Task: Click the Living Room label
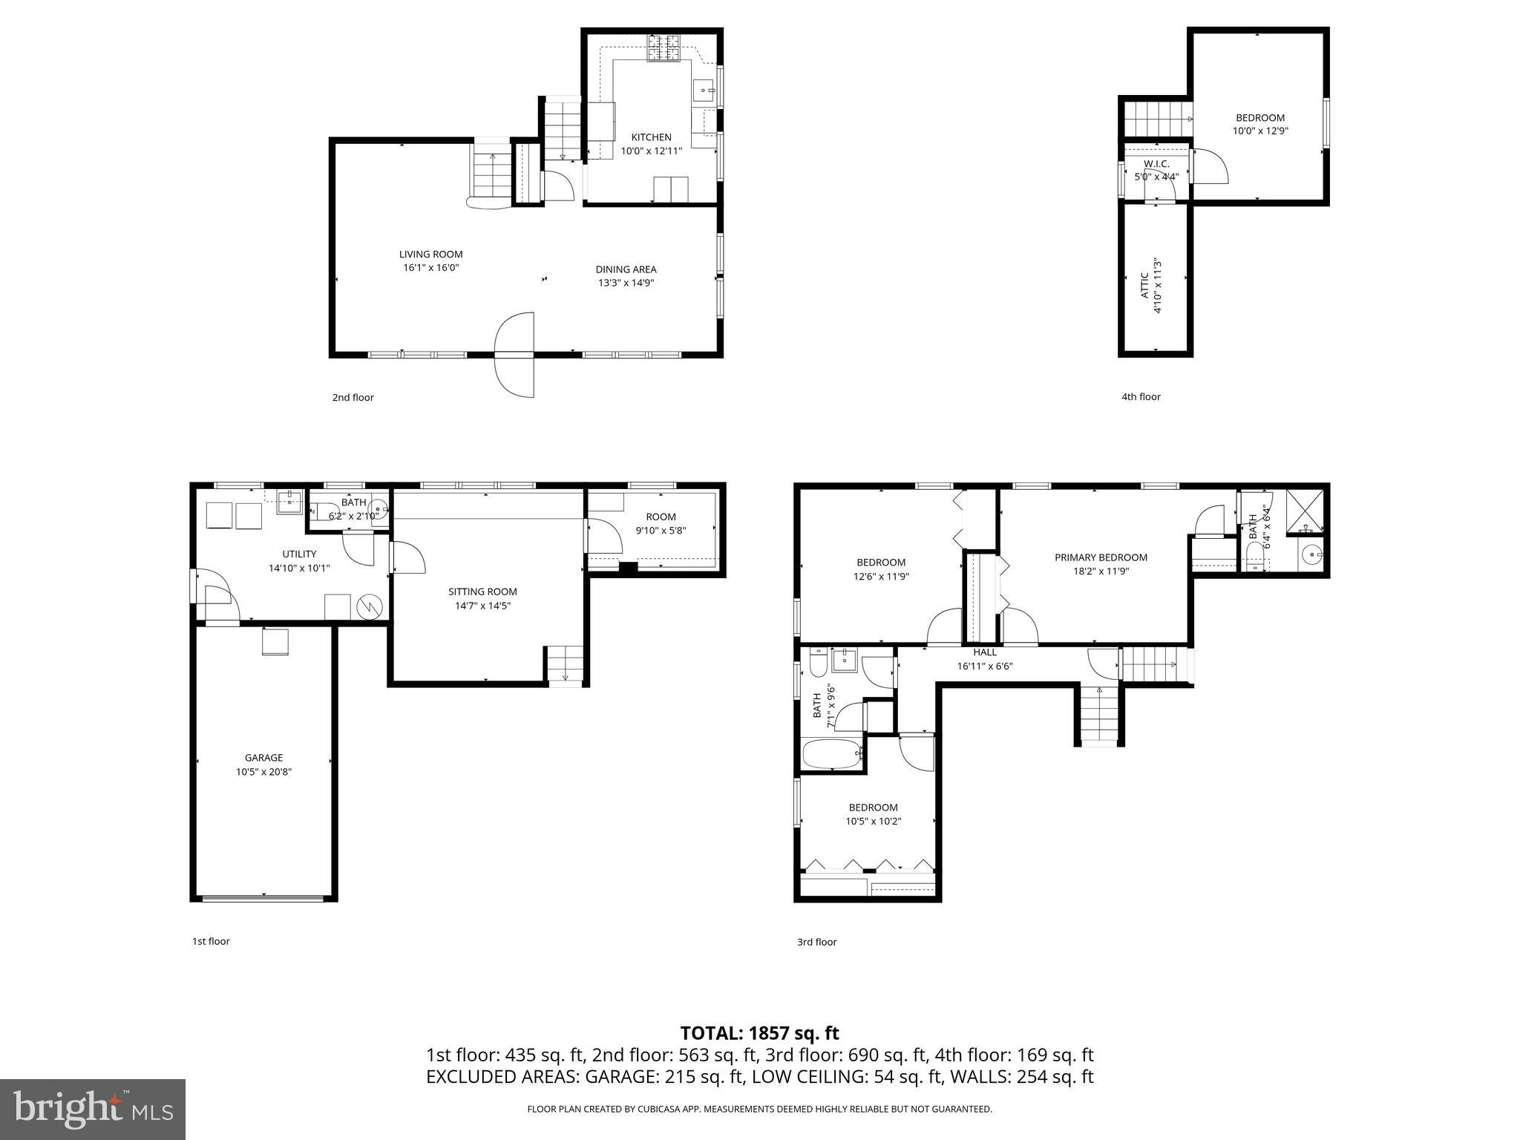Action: coord(430,255)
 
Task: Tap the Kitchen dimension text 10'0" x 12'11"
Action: coord(651,151)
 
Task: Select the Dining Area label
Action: coord(626,269)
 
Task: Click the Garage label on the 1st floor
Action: coord(263,758)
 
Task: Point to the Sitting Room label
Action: coord(482,592)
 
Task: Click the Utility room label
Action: coord(299,554)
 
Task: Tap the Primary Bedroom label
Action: coord(1101,557)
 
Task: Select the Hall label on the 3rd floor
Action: coord(985,652)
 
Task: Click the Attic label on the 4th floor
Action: coord(1144,286)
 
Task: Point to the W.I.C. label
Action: coord(1156,163)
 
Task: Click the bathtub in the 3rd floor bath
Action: coord(832,754)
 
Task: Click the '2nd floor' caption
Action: coord(353,397)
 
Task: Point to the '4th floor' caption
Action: coord(1141,396)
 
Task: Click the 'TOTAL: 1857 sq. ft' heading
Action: coord(759,1032)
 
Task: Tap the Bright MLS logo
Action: coord(93,1110)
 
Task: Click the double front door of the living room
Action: coord(514,355)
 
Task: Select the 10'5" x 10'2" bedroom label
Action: coord(873,807)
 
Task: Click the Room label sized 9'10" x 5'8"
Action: coord(661,517)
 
